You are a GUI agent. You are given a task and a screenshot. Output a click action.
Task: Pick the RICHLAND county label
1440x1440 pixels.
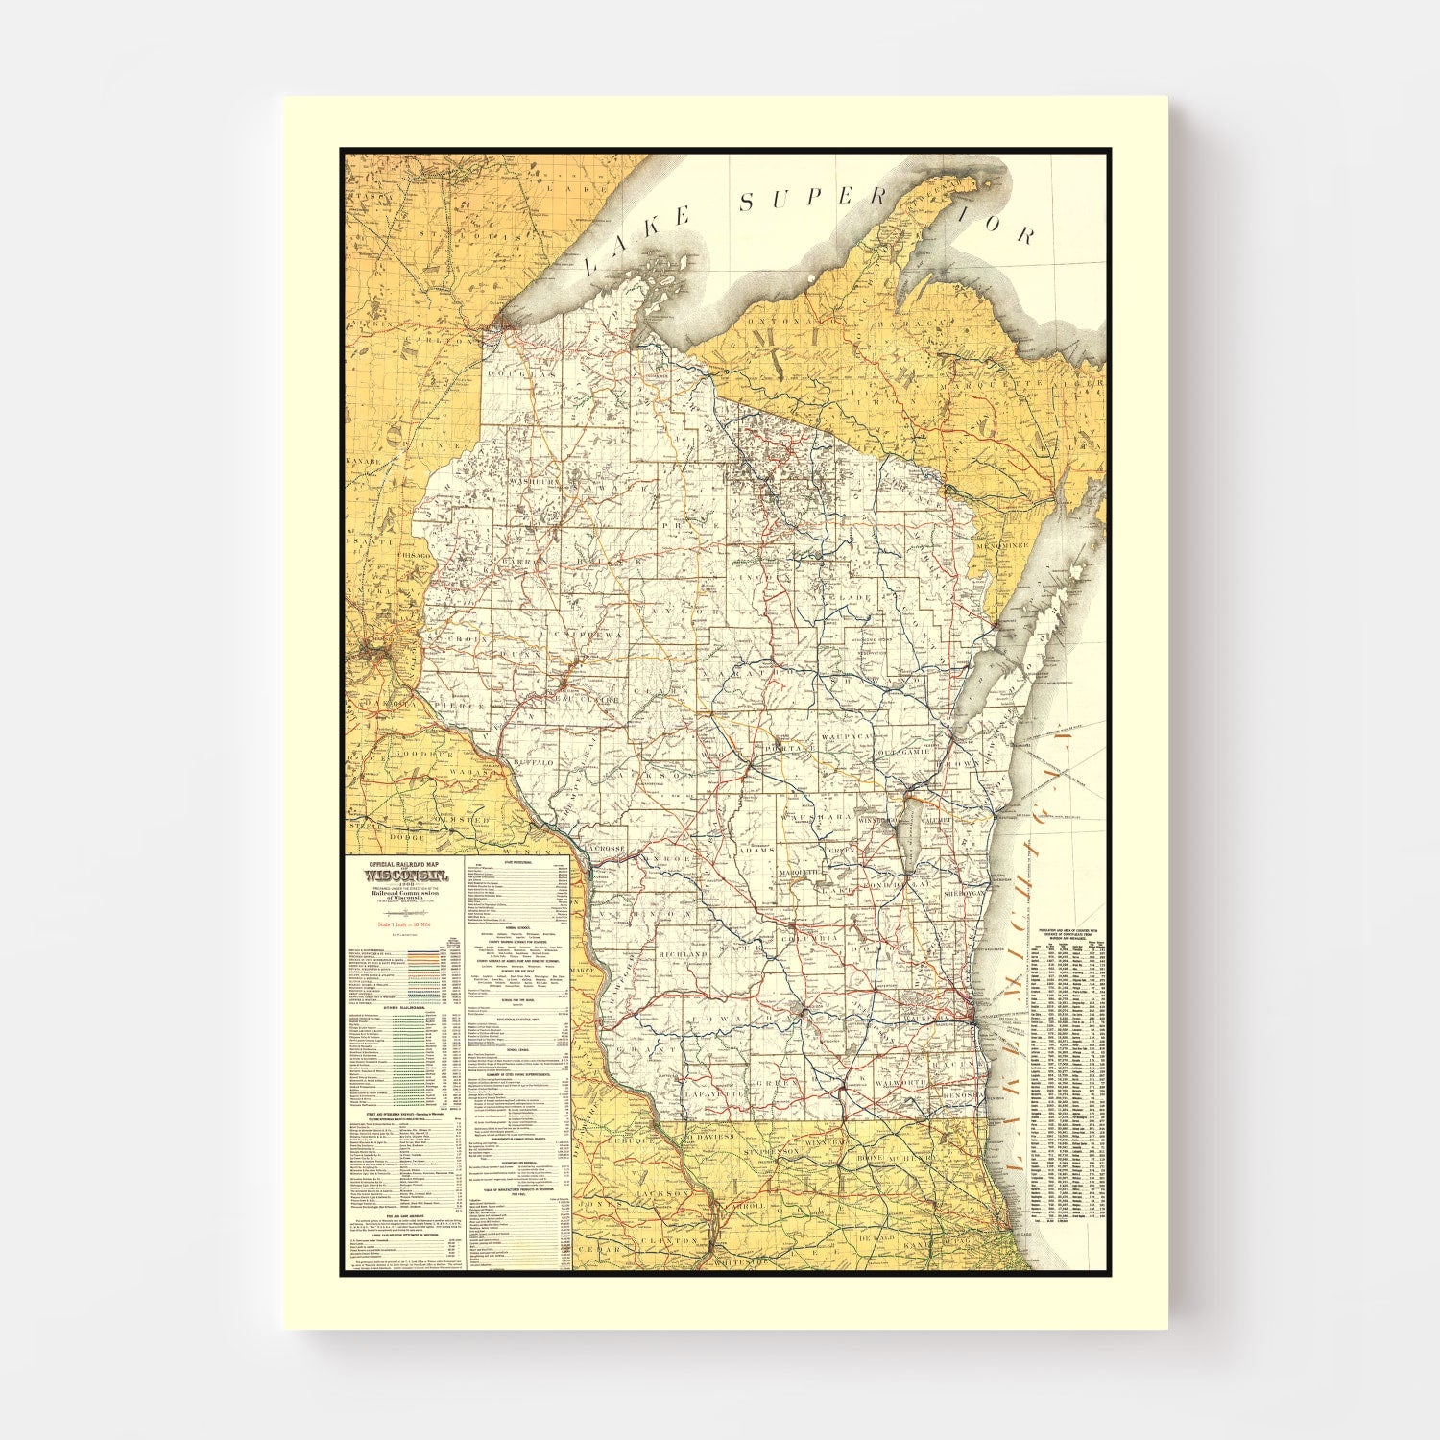pos(683,955)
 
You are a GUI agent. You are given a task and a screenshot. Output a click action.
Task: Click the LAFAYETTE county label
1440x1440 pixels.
pos(714,1092)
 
